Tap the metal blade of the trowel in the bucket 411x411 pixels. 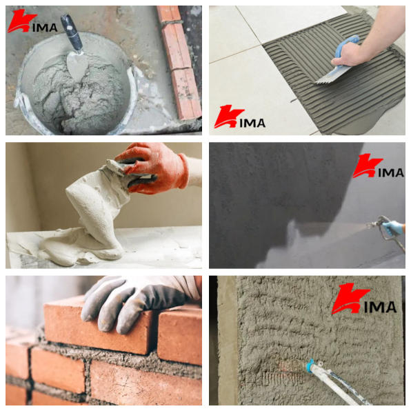point(77,64)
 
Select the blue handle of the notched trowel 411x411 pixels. point(346,46)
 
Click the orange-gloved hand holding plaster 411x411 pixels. point(154,168)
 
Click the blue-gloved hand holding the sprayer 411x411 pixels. point(393,228)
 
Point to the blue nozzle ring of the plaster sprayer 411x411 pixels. point(310,364)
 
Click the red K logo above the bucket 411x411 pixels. point(21,21)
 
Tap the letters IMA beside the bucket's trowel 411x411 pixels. point(45,28)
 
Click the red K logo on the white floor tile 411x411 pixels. point(228,116)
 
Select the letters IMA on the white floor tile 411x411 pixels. point(252,123)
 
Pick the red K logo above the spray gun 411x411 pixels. point(368,166)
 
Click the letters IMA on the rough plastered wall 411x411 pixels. point(381,307)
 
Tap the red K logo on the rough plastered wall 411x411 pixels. point(350,299)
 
